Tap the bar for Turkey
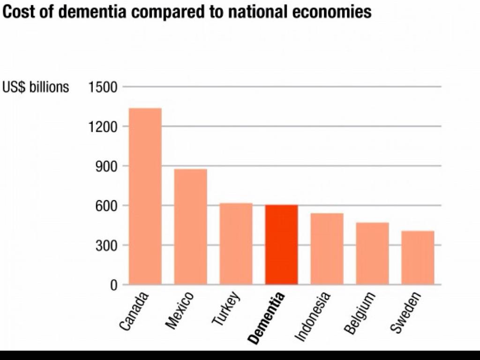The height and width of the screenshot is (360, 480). (236, 243)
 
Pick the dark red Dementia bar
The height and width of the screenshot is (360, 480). (282, 244)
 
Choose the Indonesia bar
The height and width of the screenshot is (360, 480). (327, 248)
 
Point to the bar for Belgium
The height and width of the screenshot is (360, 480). (373, 253)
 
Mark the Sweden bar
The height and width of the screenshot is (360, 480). (418, 257)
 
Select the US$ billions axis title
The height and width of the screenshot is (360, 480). (36, 87)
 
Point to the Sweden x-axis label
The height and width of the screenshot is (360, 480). (406, 312)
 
